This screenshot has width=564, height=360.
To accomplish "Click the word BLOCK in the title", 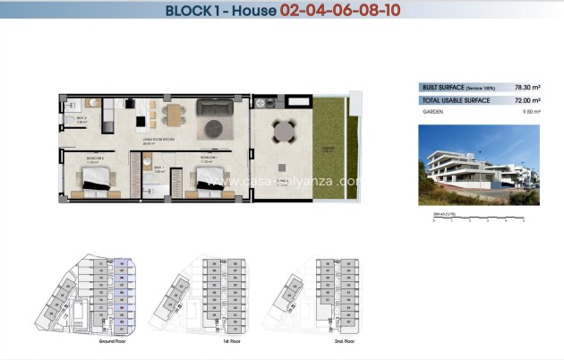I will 191,12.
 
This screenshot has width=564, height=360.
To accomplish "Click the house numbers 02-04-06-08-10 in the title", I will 339,12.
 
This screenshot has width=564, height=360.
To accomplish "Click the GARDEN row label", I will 434,113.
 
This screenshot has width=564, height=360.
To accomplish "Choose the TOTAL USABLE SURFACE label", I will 456,100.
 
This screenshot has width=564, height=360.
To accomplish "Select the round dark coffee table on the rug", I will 215,129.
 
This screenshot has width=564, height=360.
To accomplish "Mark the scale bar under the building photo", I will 478,220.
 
